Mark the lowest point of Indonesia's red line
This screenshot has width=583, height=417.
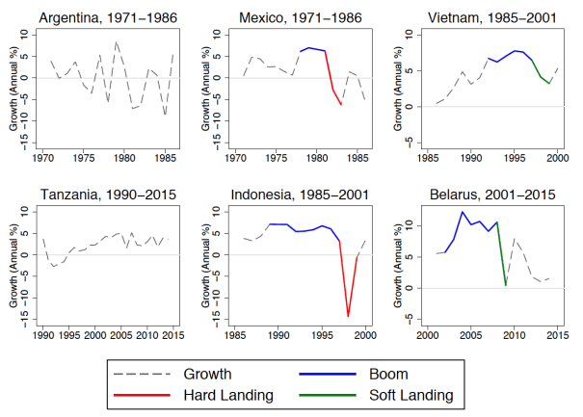click(348, 315)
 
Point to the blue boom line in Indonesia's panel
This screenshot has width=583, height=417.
click(299, 229)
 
